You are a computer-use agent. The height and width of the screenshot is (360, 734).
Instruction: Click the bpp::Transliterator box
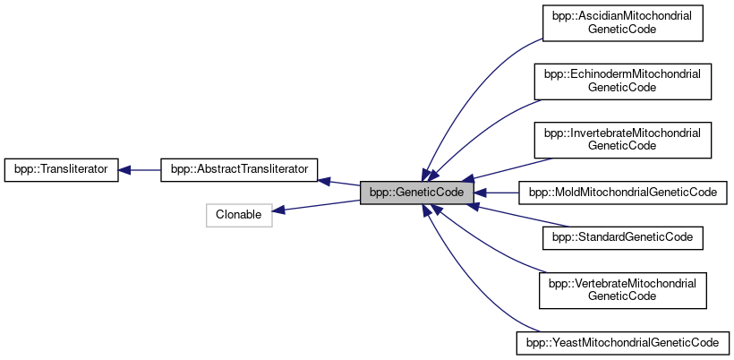(x=61, y=168)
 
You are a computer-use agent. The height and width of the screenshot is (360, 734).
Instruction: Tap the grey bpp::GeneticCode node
(x=416, y=192)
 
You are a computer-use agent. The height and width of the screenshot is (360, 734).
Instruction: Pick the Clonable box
(x=239, y=215)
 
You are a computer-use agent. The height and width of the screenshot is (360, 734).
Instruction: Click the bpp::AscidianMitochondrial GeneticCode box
(x=622, y=23)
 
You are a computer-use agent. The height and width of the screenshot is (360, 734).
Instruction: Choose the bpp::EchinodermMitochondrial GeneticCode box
(x=622, y=81)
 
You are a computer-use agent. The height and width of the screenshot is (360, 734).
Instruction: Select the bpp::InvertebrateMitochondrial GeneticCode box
(x=622, y=138)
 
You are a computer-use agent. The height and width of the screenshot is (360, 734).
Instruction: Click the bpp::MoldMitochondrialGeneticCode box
(x=622, y=192)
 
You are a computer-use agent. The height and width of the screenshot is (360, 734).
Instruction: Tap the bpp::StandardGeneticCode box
(x=622, y=238)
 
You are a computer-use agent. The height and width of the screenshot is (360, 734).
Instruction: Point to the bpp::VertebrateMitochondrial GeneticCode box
(x=622, y=290)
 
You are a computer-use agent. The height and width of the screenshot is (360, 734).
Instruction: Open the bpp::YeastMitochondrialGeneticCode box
(x=622, y=342)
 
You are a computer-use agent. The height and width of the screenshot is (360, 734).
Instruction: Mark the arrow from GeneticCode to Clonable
(x=318, y=204)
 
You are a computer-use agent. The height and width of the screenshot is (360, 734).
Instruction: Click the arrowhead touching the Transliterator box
(x=126, y=168)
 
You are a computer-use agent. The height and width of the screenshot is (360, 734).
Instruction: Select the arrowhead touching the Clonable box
(x=278, y=210)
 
